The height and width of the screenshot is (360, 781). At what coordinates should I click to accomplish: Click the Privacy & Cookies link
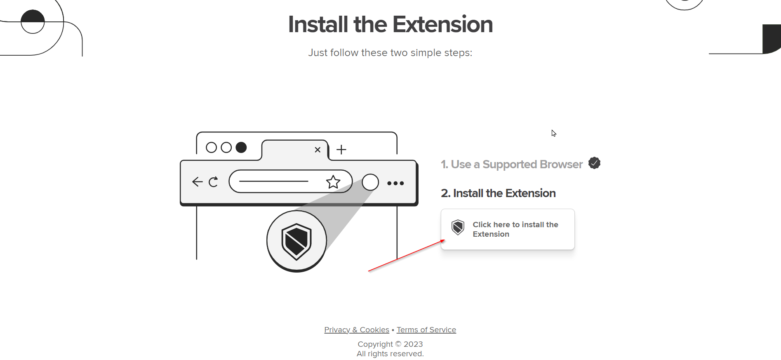357,330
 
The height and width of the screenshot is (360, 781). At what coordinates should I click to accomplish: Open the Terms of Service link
426,330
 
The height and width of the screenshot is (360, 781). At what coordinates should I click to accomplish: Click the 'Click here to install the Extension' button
508,229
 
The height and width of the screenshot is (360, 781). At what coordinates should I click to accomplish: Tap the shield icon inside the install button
458,227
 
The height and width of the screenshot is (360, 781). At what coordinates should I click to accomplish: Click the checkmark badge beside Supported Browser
594,163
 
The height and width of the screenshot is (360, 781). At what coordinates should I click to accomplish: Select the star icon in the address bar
333,182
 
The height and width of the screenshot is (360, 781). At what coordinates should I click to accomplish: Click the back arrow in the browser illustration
198,182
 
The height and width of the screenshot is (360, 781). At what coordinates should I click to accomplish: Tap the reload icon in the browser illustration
213,182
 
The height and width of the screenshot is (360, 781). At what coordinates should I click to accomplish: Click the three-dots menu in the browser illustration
395,183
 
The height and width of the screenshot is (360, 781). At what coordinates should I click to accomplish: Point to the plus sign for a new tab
341,149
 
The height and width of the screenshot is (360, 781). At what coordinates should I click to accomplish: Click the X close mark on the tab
318,150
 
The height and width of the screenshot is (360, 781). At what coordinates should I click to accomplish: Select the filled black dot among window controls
241,147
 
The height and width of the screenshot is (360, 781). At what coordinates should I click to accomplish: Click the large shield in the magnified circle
296,242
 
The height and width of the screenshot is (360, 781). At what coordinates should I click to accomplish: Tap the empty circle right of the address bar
370,182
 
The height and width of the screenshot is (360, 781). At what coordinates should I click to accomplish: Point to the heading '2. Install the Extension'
498,193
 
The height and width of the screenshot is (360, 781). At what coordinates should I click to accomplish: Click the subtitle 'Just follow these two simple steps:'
390,53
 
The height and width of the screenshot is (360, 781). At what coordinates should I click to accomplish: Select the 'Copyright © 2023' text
390,344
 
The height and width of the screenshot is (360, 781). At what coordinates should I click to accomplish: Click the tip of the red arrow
445,240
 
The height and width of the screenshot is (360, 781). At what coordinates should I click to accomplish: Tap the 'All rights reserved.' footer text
390,354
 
